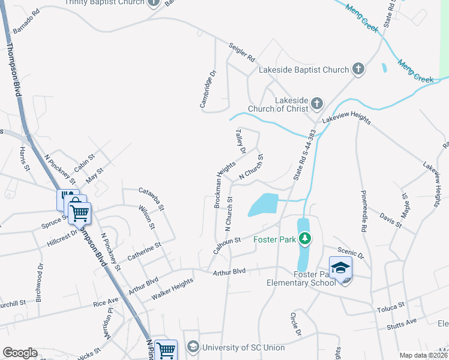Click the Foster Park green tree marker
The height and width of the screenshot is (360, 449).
pyautogui.click(x=305, y=239)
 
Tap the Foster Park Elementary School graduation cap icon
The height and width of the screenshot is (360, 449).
pyautogui.click(x=340, y=268)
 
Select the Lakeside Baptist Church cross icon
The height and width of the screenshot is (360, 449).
pyautogui.click(x=358, y=70)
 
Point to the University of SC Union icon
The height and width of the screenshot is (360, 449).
pyautogui.click(x=193, y=347)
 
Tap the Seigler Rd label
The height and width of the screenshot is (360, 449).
pyautogui.click(x=242, y=53)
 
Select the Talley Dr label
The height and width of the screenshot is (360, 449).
pyautogui.click(x=240, y=142)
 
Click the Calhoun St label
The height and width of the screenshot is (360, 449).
pyautogui.click(x=228, y=246)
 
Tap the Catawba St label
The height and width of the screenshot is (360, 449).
pyautogui.click(x=152, y=199)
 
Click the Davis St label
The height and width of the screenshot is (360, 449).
pyautogui.click(x=391, y=219)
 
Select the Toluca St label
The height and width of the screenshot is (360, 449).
pyautogui.click(x=392, y=308)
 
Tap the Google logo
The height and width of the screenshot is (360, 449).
pyautogui.click(x=20, y=352)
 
